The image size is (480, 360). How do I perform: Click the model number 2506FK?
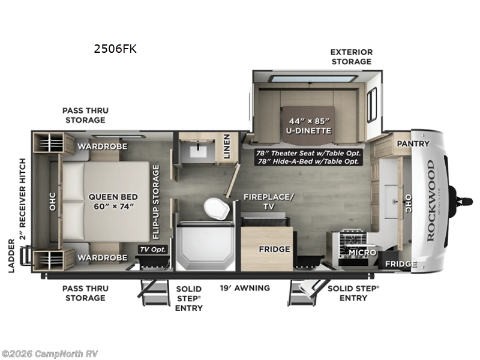pos(115,49)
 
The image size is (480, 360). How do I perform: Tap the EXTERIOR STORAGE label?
pos(351,57)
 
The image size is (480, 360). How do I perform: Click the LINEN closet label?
pos(227,146)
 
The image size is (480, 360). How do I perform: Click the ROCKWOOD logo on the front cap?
pos(430,200)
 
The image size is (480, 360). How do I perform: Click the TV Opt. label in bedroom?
pos(153,249)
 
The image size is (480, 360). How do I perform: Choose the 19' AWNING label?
pos(244,288)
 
